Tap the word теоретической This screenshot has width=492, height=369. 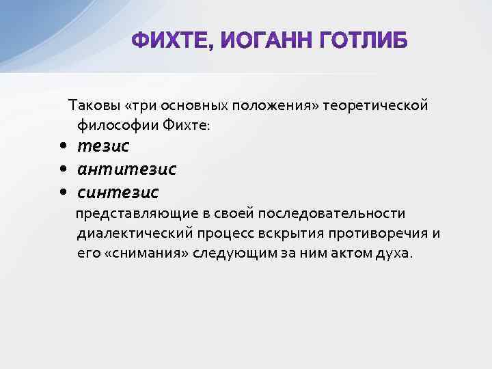(x=376, y=106)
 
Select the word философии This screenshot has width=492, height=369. (x=117, y=125)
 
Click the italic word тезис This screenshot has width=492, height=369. (x=103, y=146)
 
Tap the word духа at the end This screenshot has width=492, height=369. (x=396, y=253)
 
